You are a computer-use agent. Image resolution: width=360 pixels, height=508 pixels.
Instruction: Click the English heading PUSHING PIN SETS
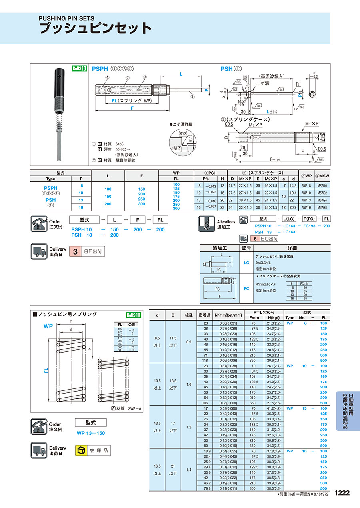pos(66,18)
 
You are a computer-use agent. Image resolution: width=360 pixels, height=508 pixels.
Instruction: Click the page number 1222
pos(342,493)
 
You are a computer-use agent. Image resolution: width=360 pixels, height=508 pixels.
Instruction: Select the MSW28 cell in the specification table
pos(322,207)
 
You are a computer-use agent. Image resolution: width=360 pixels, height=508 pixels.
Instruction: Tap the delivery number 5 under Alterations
pos(254,239)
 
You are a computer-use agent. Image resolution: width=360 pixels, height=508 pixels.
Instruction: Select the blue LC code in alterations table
pos(246,263)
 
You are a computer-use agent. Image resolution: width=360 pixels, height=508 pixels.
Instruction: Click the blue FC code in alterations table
pos(246,288)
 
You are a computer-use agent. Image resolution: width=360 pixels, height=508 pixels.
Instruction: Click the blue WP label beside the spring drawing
pos(48,326)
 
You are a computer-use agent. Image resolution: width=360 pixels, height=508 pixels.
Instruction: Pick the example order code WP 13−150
pos(90,433)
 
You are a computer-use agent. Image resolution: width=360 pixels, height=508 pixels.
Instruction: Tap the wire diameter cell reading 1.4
pos(188,470)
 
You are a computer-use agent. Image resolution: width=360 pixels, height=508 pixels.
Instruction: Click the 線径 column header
pos(188,315)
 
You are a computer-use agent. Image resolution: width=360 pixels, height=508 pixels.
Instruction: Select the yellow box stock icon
pos(81,450)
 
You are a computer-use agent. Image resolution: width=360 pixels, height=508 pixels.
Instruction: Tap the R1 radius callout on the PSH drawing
pos(298,85)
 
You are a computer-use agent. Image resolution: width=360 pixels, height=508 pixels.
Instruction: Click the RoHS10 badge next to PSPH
pos(80,68)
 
